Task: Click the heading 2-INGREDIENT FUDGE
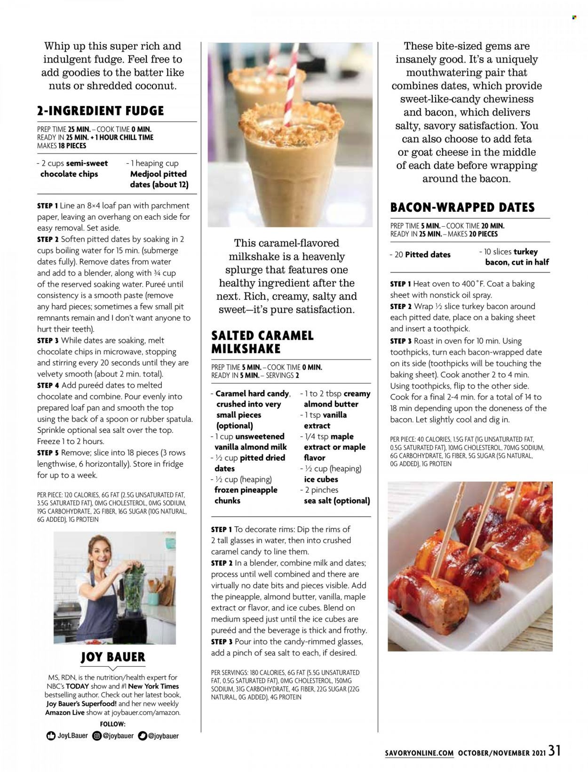[100, 111]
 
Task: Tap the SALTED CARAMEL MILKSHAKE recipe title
[262, 342]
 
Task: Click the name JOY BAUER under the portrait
[113, 657]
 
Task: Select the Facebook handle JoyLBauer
[72, 735]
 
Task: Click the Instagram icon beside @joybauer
[97, 736]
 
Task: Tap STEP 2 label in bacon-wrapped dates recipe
[401, 306]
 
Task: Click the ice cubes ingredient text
[321, 479]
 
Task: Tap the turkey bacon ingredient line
[516, 257]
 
